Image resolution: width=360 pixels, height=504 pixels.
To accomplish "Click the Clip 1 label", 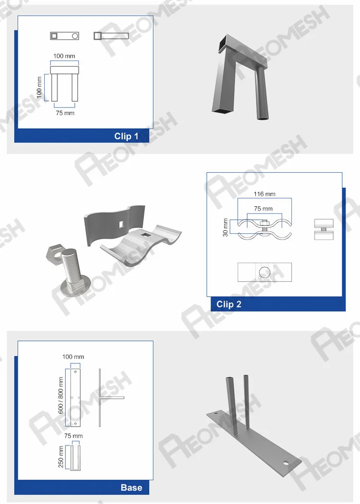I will point(126,136).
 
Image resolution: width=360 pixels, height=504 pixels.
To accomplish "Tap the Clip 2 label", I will point(229,304).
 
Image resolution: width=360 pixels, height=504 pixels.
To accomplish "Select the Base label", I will point(131,488).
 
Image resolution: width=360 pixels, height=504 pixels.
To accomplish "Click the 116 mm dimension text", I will point(264,194).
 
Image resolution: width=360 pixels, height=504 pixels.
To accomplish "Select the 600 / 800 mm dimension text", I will point(61,395).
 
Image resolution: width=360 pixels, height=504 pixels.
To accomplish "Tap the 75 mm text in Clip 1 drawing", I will point(64,113).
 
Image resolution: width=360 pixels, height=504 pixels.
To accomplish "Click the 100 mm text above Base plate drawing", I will point(73,357).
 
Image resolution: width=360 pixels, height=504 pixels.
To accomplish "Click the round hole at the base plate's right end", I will point(286,464).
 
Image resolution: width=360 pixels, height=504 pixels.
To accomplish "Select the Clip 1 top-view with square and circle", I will point(64,36).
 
